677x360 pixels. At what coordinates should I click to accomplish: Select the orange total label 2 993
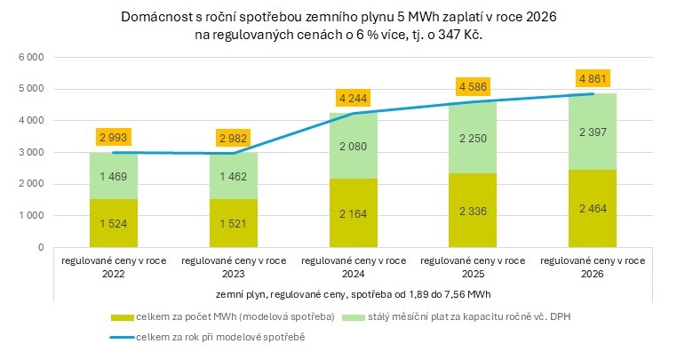[112, 138]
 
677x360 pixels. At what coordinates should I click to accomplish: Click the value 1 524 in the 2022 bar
[112, 224]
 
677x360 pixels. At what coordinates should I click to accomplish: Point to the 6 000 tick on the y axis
[31, 57]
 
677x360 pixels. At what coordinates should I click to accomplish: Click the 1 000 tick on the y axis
[31, 216]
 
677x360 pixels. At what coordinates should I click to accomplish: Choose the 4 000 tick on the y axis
[31, 120]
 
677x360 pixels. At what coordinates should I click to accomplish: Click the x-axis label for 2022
[112, 268]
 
